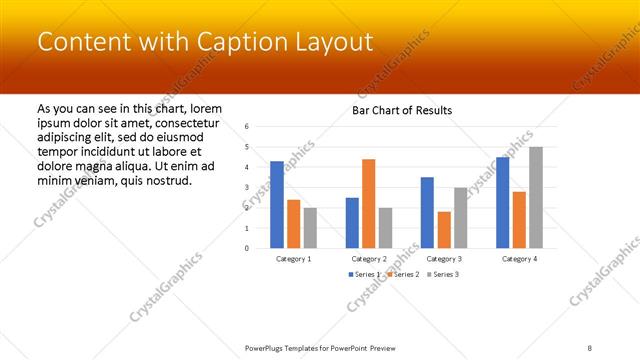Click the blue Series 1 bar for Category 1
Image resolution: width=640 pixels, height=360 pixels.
(277, 204)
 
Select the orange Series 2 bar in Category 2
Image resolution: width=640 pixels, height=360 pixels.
(369, 203)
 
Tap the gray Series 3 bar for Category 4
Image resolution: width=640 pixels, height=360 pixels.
(536, 197)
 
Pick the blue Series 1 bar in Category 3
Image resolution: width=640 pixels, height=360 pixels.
(427, 212)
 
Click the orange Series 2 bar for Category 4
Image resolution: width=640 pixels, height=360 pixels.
(519, 219)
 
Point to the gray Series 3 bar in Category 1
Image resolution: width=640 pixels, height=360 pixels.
(310, 227)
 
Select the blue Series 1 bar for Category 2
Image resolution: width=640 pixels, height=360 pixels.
(352, 222)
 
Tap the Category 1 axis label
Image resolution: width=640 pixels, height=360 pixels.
(293, 258)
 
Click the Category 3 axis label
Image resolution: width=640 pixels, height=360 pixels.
(444, 258)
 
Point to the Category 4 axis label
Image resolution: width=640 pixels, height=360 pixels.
(519, 258)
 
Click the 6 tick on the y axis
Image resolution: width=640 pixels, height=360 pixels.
(247, 126)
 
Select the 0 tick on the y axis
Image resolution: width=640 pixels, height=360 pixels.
(247, 248)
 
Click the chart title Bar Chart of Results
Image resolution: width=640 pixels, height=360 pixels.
(403, 110)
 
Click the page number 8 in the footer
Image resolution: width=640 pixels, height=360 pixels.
(590, 348)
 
